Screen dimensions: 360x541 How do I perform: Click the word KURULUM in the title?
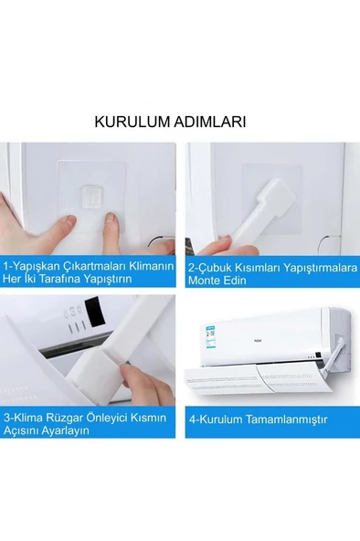(x=132, y=122)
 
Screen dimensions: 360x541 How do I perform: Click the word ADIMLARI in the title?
(x=209, y=122)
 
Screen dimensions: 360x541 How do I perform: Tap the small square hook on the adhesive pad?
(x=92, y=196)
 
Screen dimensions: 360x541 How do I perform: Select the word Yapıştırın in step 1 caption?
(x=109, y=279)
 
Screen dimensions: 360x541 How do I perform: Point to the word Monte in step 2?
(x=203, y=280)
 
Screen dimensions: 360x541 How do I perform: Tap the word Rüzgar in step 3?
(x=66, y=419)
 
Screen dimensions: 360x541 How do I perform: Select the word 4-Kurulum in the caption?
(x=216, y=419)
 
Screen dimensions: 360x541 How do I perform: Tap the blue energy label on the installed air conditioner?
(x=209, y=336)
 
